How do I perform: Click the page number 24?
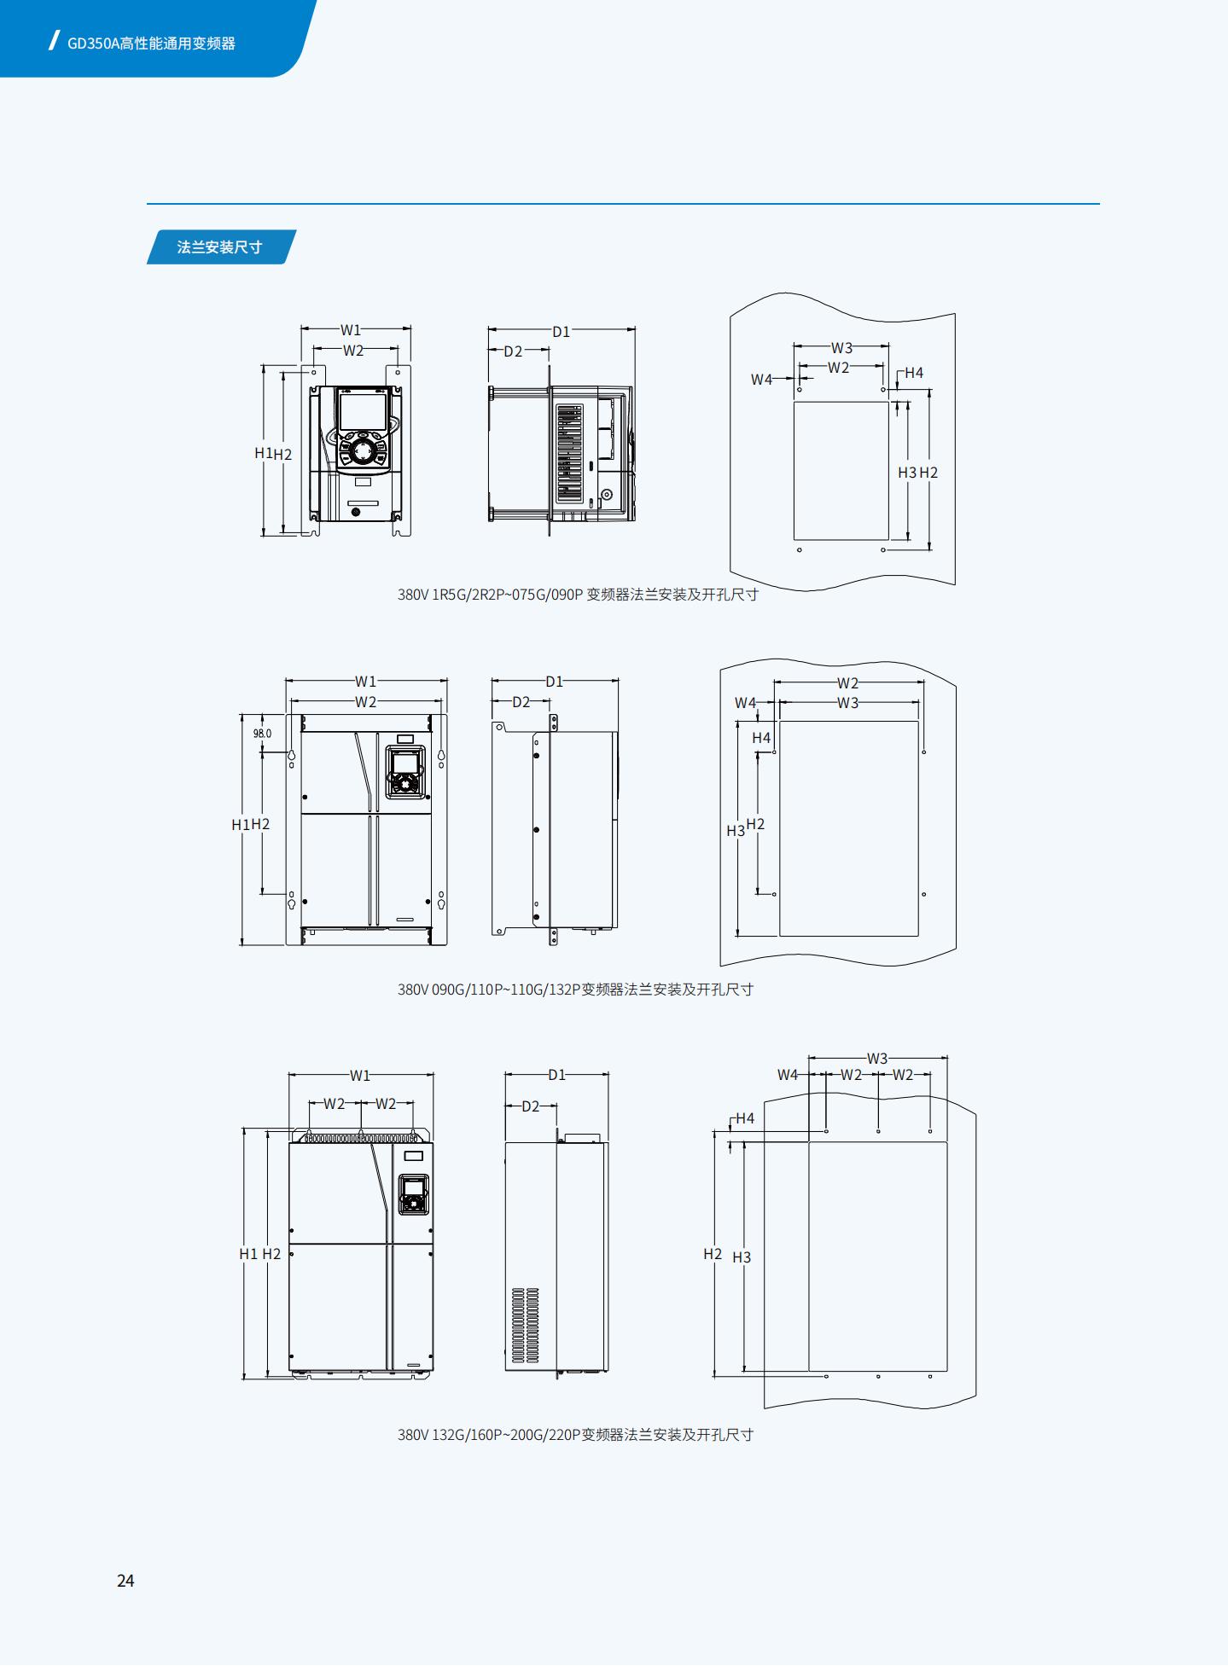click(x=125, y=1581)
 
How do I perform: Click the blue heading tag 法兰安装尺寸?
click(x=220, y=247)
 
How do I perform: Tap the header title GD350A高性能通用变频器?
click(x=151, y=44)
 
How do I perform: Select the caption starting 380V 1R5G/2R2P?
click(x=578, y=595)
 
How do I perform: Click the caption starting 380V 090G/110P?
click(x=575, y=990)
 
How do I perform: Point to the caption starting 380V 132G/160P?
click(x=575, y=1435)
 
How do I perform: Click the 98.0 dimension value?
click(x=262, y=734)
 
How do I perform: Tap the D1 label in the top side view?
click(x=561, y=332)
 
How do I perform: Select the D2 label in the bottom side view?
click(x=531, y=1106)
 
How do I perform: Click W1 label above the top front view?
click(x=351, y=329)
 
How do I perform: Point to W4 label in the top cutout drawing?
click(x=761, y=380)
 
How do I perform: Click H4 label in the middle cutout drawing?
click(x=761, y=738)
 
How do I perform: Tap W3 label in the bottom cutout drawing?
click(x=877, y=1059)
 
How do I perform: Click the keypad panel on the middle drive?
click(x=405, y=772)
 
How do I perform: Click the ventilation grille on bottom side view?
click(x=525, y=1325)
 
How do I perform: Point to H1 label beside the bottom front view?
click(x=248, y=1254)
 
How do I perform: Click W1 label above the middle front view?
click(x=365, y=682)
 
